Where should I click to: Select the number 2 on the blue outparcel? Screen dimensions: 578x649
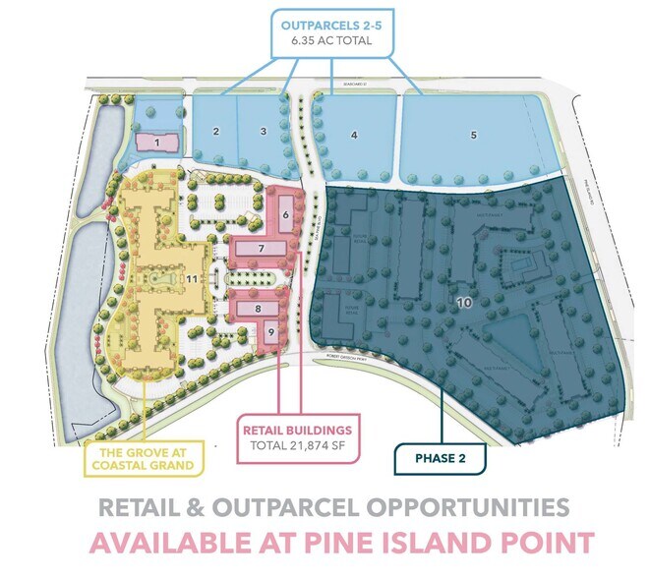coord(214,131)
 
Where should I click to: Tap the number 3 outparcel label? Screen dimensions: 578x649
coord(263,131)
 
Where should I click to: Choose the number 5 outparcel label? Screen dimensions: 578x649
coord(473,135)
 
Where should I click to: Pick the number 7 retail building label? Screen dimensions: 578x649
coord(262,250)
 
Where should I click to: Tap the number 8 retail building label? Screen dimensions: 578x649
coord(258,309)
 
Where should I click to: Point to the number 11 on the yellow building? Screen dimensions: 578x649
coord(192,280)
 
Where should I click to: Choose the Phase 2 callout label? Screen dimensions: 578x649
coord(435,458)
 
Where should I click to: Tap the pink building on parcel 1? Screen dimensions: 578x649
coord(154,144)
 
